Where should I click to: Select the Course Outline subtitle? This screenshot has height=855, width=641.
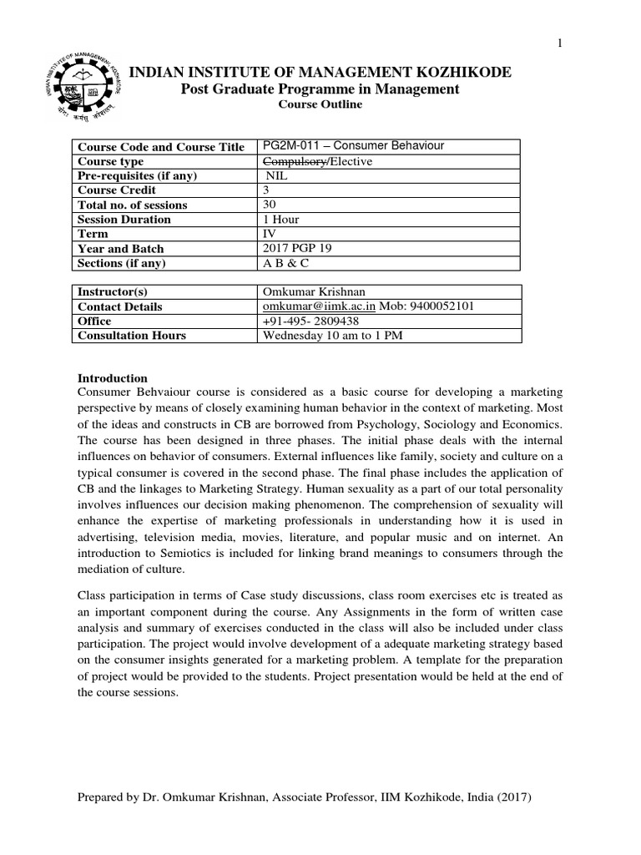(320, 105)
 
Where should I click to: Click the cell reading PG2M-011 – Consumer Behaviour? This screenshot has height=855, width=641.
(353, 146)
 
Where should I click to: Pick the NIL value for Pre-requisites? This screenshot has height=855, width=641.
(275, 175)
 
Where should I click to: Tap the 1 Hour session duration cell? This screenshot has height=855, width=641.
(280, 220)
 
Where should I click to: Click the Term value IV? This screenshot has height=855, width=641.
(269, 234)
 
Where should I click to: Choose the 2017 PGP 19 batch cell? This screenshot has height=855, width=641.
(296, 249)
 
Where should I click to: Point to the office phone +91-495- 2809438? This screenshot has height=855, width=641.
(312, 321)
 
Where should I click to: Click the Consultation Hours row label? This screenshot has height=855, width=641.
(131, 336)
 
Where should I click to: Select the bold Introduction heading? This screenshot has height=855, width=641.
(112, 377)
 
